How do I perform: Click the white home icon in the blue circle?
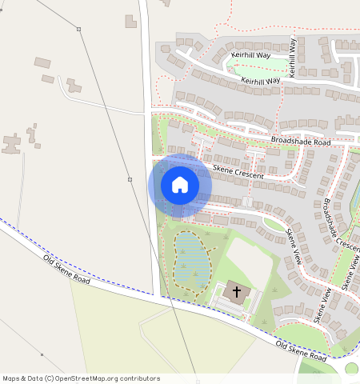(180, 185)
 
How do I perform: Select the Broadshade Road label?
(300, 142)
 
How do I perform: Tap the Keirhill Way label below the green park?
(256, 81)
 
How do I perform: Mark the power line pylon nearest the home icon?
(130, 178)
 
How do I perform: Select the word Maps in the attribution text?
(12, 378)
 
